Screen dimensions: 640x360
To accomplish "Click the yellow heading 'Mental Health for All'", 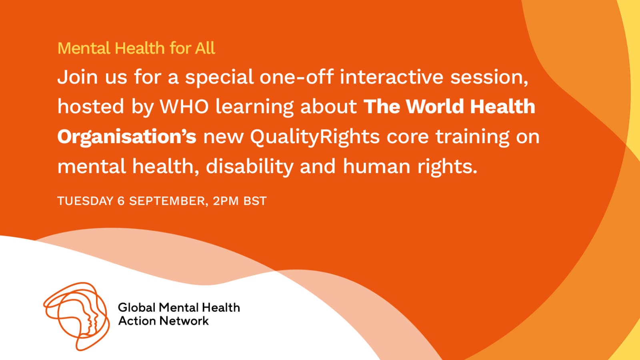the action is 136,48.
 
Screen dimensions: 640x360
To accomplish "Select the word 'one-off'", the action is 296,77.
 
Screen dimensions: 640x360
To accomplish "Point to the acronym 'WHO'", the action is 184,106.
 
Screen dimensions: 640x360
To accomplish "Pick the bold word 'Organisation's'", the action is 127,136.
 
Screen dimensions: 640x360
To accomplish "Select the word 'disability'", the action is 250,167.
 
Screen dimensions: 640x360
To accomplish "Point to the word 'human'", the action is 376,167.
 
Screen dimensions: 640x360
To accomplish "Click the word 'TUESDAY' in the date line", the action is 86,201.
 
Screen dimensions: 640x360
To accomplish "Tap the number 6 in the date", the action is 121,201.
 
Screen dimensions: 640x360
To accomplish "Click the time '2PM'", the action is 226,201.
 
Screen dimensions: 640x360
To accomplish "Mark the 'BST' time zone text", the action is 255,201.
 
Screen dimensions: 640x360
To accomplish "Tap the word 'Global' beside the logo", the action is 136,308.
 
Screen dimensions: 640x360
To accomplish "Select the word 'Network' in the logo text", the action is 184,320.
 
